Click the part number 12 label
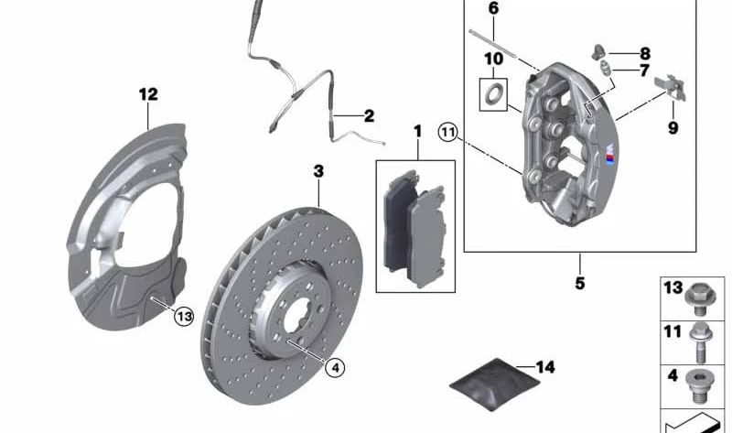click(x=148, y=93)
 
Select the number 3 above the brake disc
click(x=318, y=171)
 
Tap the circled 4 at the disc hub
click(x=335, y=368)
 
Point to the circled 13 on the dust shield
click(x=184, y=316)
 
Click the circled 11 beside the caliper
click(x=447, y=132)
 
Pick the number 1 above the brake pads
click(x=417, y=132)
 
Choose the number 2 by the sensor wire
click(x=369, y=116)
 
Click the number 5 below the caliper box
click(x=579, y=283)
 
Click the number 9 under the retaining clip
click(x=673, y=128)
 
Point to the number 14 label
click(x=545, y=368)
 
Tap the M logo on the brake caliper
click(x=608, y=157)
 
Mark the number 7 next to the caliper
click(x=645, y=70)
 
